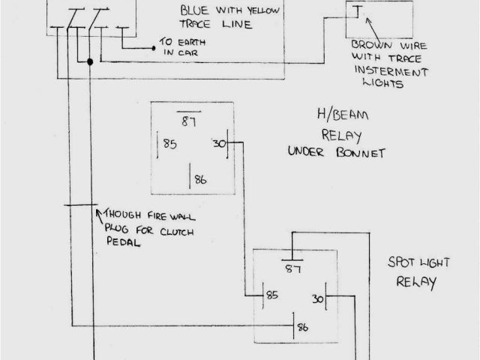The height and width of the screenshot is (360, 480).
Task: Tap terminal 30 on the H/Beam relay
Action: (219, 143)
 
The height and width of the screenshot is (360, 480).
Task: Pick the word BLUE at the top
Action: (195, 10)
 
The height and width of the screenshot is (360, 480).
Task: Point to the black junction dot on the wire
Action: (90, 62)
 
